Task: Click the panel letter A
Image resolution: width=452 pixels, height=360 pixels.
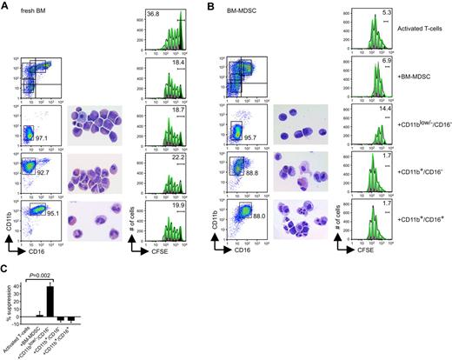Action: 5,6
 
